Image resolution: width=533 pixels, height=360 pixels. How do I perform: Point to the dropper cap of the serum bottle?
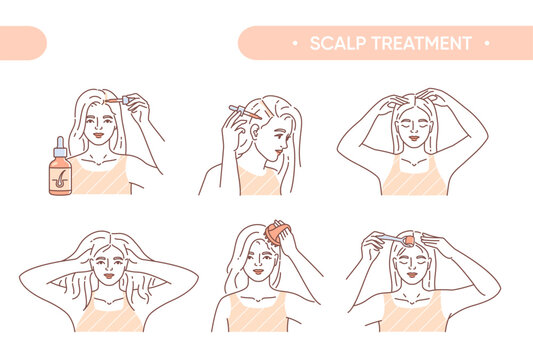[x=61, y=144]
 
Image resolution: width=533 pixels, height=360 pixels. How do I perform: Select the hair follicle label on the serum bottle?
[x=62, y=175]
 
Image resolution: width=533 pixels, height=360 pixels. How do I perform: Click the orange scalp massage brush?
[x=277, y=236]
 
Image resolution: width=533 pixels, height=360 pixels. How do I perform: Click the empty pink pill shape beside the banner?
[x=22, y=43]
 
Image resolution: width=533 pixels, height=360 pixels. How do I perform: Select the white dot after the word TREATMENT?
[x=486, y=43]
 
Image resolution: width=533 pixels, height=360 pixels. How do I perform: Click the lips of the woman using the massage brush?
[x=261, y=274]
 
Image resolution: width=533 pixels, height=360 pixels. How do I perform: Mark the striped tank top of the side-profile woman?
[x=259, y=182]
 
